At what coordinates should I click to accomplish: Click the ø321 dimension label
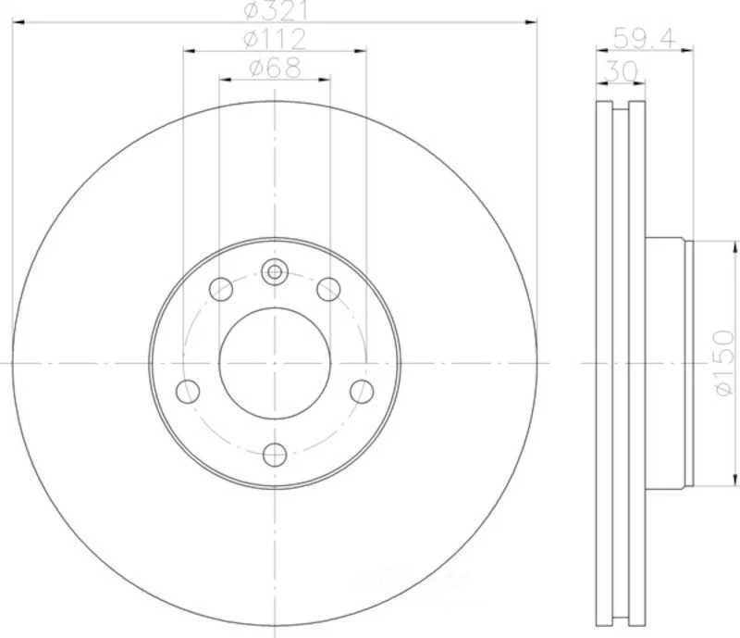[x=275, y=10]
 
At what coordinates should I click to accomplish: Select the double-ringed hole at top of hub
[x=275, y=271]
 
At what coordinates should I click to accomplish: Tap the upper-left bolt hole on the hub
[x=221, y=290]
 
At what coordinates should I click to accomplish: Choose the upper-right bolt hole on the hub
[x=328, y=290]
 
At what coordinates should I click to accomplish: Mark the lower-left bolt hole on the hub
[x=188, y=391]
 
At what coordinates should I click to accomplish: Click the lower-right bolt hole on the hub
[x=362, y=391]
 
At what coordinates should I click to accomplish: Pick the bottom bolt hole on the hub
[x=275, y=455]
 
